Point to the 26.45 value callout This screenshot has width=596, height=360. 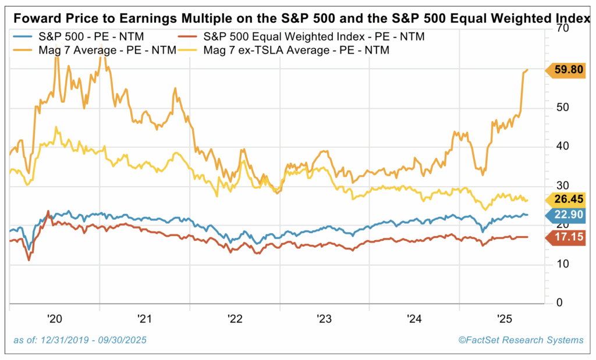point(567,199)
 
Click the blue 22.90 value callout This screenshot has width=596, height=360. point(567,215)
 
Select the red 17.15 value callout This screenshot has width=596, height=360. point(567,237)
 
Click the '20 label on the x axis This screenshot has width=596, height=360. point(55,319)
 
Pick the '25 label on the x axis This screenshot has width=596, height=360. point(504,319)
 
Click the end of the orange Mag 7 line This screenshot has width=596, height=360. point(528,70)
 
